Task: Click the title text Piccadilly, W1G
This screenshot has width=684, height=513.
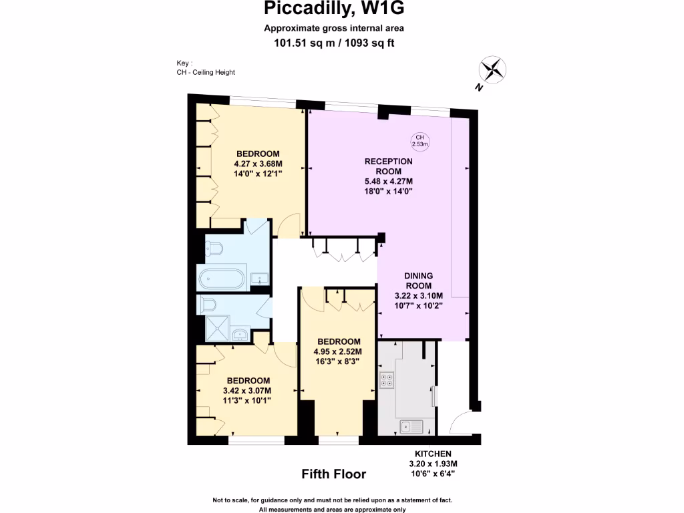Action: point(333,9)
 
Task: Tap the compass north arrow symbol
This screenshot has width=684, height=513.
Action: point(492,70)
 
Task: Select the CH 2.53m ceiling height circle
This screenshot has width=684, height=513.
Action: point(419,140)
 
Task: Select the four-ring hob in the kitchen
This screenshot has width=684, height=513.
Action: point(386,380)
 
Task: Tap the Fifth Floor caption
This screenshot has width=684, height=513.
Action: point(334,474)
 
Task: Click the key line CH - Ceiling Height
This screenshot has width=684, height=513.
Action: point(201,72)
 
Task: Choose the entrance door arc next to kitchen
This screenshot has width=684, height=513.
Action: point(462,423)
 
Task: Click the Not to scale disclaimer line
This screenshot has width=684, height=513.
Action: point(333,500)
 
